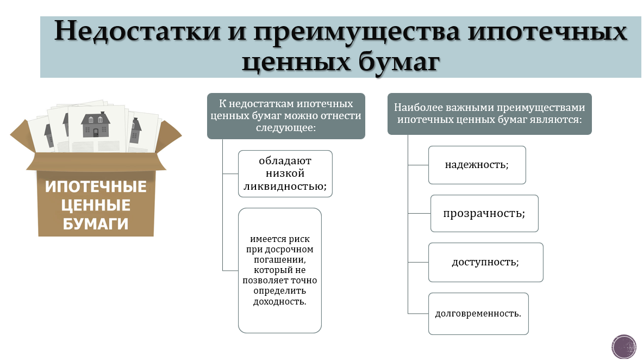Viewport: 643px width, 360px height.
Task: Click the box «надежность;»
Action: pos(477,165)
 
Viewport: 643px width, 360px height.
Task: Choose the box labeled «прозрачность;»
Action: pos(484,213)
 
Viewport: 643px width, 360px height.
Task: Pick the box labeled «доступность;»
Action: pos(485,262)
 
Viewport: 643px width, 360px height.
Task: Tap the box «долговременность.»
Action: pos(478,314)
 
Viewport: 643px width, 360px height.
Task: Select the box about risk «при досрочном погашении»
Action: pos(280,270)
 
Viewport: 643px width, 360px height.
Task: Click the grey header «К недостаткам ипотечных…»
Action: pos(286,115)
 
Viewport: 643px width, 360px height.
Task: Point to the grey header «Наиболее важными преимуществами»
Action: pos(489,113)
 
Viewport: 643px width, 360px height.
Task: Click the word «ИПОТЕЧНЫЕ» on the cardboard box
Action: pos(96,187)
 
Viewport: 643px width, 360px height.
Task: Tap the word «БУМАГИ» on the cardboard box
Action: pos(96,224)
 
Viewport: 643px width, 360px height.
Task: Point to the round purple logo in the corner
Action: pos(623,346)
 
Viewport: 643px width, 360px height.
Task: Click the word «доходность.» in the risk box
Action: pos(280,301)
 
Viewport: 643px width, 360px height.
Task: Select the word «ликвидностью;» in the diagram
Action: pos(285,187)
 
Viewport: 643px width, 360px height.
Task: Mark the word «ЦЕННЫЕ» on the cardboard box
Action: pos(96,205)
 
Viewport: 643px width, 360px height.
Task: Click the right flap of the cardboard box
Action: pos(171,133)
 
